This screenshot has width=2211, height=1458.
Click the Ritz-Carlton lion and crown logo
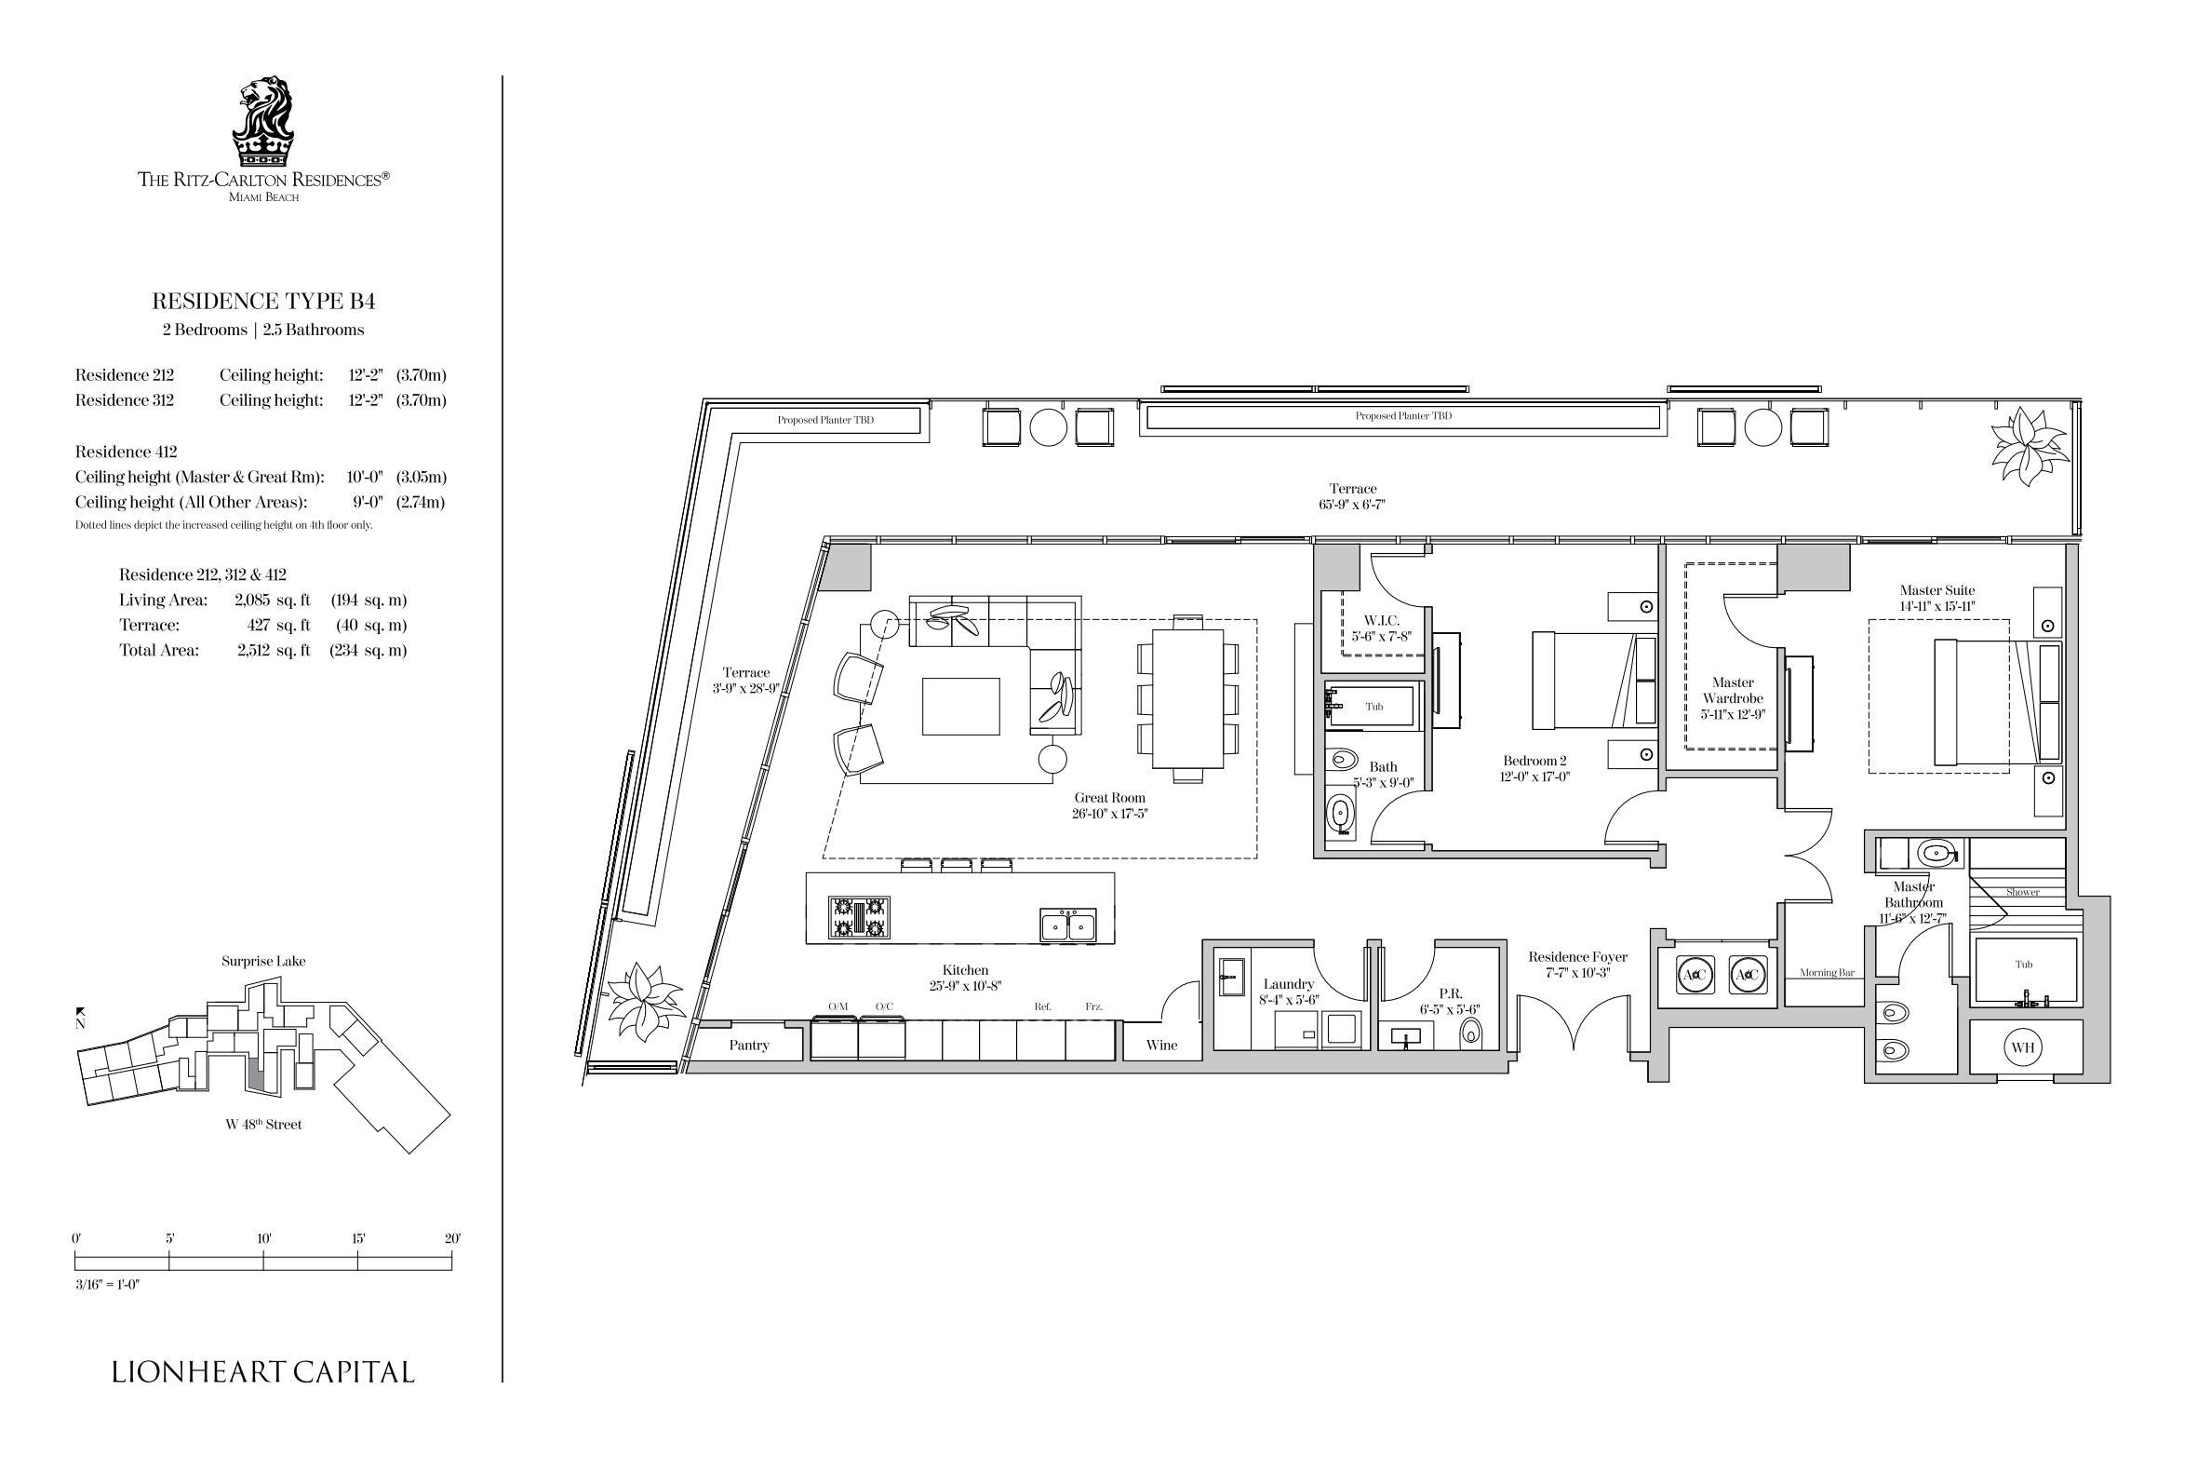tap(263, 121)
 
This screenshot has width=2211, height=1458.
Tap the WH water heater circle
tap(2022, 1047)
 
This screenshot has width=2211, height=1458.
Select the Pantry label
tap(749, 1045)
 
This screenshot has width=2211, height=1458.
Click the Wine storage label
tap(1161, 1045)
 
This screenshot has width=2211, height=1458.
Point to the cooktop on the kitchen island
tap(859, 916)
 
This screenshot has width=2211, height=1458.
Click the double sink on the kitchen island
tap(1068, 925)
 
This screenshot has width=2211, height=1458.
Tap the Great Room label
tap(1109, 797)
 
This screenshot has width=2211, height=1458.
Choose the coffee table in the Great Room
tap(961, 707)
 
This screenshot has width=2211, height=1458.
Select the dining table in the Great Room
tap(1188, 698)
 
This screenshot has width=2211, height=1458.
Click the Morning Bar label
tap(1827, 973)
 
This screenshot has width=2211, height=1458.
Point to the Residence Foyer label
tap(1577, 956)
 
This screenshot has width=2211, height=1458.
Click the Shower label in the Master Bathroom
tap(2022, 892)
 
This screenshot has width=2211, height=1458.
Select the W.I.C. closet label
tap(1381, 620)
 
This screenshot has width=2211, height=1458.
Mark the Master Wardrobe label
tap(1733, 690)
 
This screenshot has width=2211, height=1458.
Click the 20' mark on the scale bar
tap(452, 1238)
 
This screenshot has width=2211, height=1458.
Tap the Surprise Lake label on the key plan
tap(263, 961)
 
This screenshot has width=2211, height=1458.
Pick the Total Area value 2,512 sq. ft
tap(274, 650)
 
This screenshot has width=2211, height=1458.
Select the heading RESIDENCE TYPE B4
tap(263, 301)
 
